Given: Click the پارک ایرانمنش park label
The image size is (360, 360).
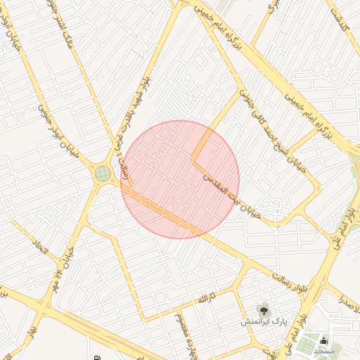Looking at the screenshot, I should (262, 321).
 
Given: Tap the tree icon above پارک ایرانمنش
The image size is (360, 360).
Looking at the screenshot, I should (264, 309).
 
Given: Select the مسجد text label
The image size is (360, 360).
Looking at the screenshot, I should (325, 349).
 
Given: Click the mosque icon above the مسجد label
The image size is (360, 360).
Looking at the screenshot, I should (323, 340).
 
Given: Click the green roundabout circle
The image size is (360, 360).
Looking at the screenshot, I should (103, 173).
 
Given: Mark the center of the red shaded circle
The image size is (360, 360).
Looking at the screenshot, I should (180, 179).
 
